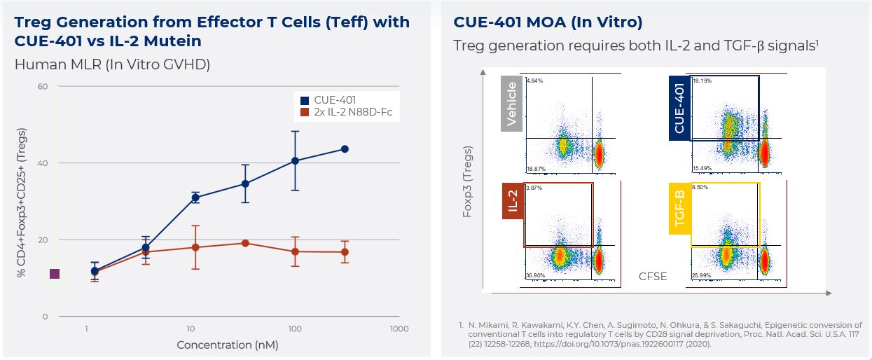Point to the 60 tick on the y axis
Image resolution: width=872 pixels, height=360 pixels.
coord(42,87)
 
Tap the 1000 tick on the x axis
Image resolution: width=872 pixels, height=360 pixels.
coord(399,328)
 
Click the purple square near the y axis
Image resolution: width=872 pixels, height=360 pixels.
coord(55,274)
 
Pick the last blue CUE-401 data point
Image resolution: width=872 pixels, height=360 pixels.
coord(345,149)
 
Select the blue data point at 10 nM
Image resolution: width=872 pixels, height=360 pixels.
coord(195,198)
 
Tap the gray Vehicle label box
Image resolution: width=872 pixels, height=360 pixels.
coord(511,104)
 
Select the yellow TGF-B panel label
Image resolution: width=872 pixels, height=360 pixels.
coord(679,208)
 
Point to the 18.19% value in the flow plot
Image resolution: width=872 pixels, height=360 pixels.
coord(702,81)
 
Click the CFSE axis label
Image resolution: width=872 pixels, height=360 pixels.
coord(652,277)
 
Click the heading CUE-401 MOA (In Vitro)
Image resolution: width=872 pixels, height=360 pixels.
coord(548,22)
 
